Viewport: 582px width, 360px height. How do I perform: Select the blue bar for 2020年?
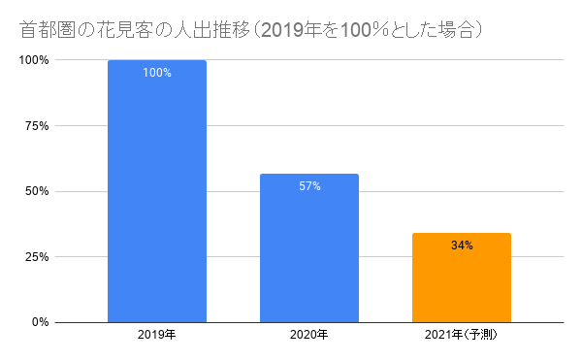[309, 247]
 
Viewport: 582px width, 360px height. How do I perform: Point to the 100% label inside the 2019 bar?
[156, 74]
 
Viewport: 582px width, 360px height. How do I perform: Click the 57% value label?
[309, 186]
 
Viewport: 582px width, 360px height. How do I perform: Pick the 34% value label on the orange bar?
[462, 246]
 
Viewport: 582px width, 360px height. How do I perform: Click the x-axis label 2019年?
[156, 336]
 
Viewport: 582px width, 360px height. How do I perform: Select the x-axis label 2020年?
[309, 336]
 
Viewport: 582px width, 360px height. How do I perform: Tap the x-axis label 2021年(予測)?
[462, 336]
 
